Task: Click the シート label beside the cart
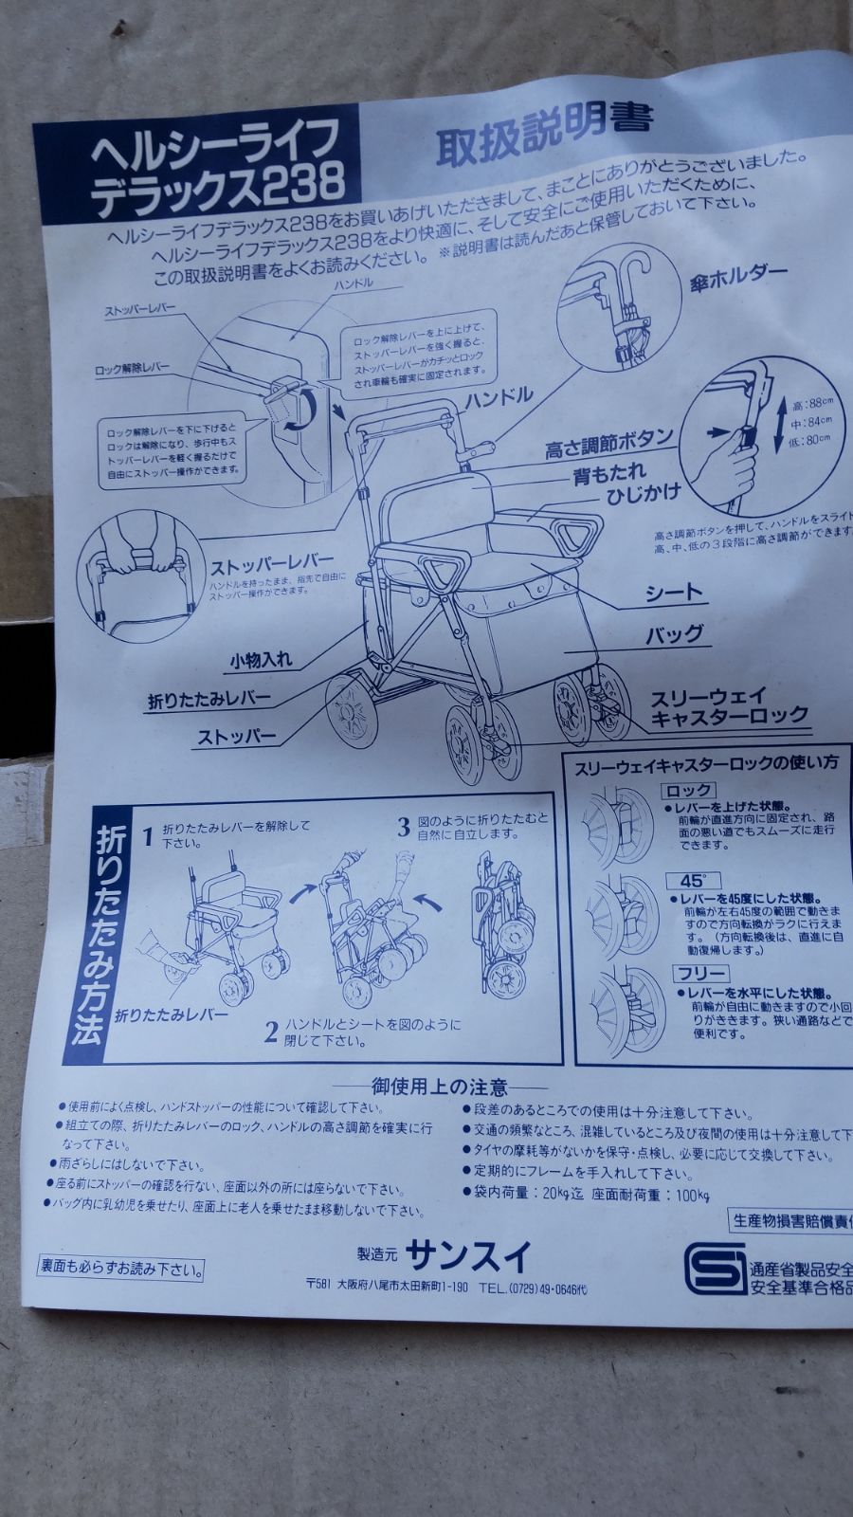(674, 594)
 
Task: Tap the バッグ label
(674, 634)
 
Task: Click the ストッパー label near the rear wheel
(237, 735)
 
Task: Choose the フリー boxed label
(701, 974)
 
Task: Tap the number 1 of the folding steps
(147, 836)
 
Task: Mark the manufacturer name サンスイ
(467, 1256)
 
